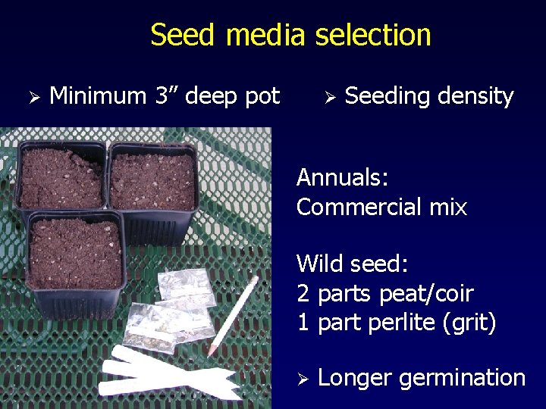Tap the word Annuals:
click(343, 178)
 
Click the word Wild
click(319, 264)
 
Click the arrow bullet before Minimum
click(32, 97)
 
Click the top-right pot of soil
click(152, 180)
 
